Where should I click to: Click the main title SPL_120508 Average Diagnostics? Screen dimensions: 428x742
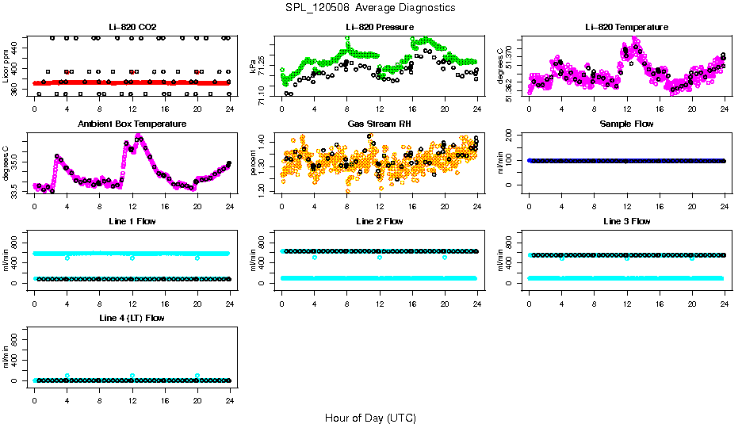(371, 7)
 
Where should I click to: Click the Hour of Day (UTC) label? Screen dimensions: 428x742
(370, 418)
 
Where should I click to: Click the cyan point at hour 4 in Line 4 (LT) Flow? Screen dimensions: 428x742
(67, 376)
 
